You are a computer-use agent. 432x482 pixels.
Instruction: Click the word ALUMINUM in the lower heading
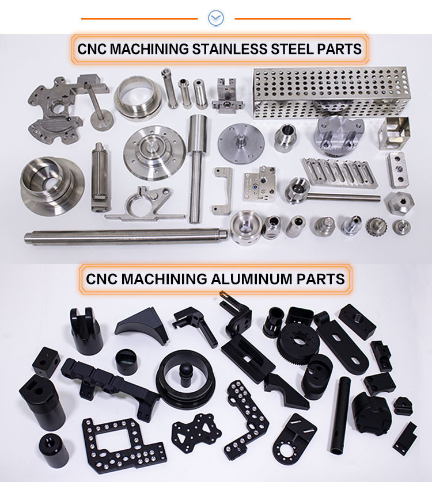coord(252,279)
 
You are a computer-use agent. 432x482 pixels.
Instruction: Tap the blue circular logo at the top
coord(215,18)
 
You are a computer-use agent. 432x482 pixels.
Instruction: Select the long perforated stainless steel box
coord(332,92)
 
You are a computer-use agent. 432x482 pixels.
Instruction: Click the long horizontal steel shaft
coord(126,236)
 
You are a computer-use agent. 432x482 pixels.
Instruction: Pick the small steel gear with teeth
coord(376,227)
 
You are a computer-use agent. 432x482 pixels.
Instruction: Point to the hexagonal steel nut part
coord(399,203)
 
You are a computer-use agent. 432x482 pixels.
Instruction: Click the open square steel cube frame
coord(395,133)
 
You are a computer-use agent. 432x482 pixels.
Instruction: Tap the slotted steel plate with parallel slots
coord(340,172)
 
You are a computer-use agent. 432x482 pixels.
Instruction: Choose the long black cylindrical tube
coord(340,415)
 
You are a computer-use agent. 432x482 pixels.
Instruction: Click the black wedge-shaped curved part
coord(142,327)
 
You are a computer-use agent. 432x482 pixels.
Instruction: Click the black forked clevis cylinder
coord(86,331)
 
